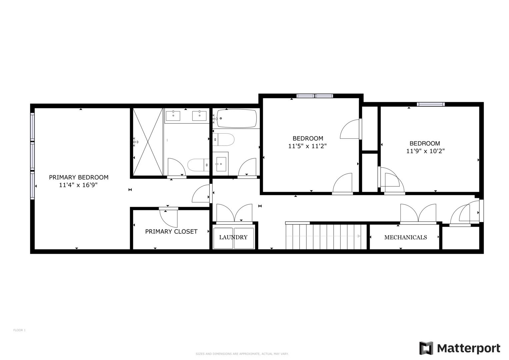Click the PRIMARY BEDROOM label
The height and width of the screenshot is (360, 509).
pyautogui.click(x=79, y=177)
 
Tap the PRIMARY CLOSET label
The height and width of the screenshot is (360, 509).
pyautogui.click(x=171, y=231)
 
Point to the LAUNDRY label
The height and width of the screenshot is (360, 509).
pyautogui.click(x=233, y=237)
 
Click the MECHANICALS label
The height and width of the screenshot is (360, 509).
pyautogui.click(x=405, y=237)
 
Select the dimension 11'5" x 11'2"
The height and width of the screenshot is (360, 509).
pyautogui.click(x=307, y=146)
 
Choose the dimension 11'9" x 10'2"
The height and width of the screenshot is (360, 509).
pyautogui.click(x=425, y=151)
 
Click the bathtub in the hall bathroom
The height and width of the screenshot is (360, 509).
pyautogui.click(x=237, y=118)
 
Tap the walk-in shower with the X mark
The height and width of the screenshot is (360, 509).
pyautogui.click(x=148, y=142)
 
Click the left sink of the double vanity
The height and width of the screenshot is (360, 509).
pyautogui.click(x=173, y=116)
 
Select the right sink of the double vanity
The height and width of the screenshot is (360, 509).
pyautogui.click(x=199, y=116)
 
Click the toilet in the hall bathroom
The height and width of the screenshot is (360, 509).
pyautogui.click(x=224, y=139)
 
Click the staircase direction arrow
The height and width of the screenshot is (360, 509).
pyautogui.click(x=359, y=236)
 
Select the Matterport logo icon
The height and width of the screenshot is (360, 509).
pyautogui.click(x=426, y=348)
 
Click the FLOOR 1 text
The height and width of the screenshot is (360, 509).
pyautogui.click(x=19, y=330)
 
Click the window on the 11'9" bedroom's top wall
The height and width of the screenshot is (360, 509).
pyautogui.click(x=431, y=104)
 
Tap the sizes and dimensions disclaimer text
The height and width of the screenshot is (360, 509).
pyautogui.click(x=242, y=354)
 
